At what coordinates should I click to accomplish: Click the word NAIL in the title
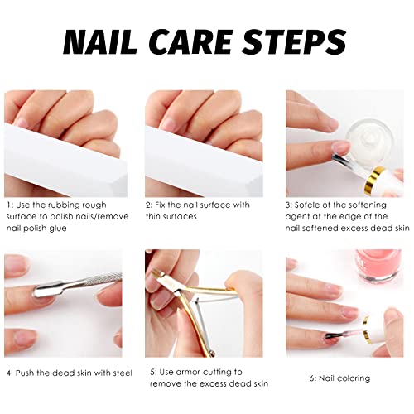(100, 41)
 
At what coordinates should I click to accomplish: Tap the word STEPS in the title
(294, 41)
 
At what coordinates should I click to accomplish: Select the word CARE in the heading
(190, 41)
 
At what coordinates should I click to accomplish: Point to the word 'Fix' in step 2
(159, 205)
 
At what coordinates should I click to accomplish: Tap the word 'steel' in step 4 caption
(123, 373)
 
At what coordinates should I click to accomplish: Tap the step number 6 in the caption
(312, 378)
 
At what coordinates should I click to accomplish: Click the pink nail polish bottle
(378, 265)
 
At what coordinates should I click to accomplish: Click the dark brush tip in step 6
(332, 336)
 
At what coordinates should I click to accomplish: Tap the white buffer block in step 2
(204, 160)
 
